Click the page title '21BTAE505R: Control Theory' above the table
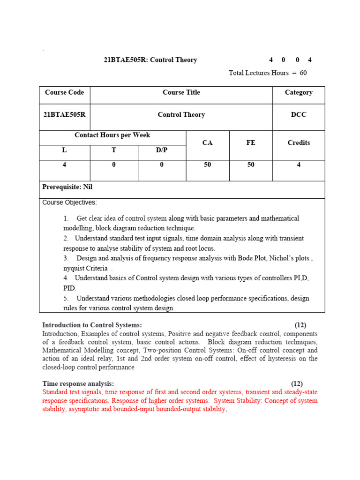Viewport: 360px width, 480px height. (x=150, y=60)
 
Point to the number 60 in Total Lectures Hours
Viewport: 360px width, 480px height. (x=303, y=73)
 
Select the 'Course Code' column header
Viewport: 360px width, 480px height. (x=64, y=92)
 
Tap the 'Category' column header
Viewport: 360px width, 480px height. (x=299, y=92)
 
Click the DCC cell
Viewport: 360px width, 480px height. (x=299, y=115)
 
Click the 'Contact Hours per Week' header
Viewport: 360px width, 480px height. (x=112, y=135)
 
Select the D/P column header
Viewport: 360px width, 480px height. (x=161, y=150)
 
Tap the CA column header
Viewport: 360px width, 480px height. (x=207, y=143)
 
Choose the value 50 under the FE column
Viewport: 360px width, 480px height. (x=251, y=165)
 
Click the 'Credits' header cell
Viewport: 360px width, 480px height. (x=299, y=143)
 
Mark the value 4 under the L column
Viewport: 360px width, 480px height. (x=64, y=165)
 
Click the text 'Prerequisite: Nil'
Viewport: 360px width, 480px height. (x=67, y=187)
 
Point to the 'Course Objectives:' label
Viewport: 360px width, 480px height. (x=70, y=202)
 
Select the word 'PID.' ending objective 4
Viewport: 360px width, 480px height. (x=70, y=288)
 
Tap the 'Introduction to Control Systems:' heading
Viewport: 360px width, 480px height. (x=92, y=325)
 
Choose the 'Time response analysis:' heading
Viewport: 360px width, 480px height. (x=78, y=383)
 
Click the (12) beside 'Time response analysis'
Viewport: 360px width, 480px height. (x=297, y=383)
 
